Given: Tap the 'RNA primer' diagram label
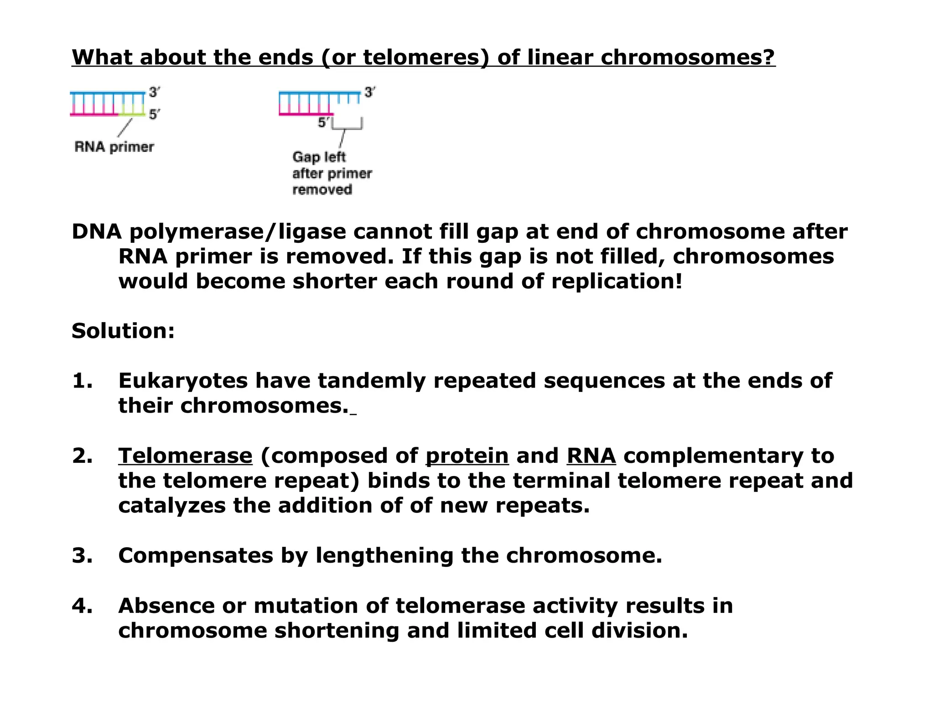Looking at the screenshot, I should (x=114, y=147).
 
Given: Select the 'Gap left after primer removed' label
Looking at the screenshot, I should (x=332, y=173).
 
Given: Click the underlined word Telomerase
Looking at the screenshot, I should (x=185, y=456).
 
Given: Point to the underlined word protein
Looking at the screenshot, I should (x=467, y=456).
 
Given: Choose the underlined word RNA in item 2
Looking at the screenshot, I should (x=591, y=456).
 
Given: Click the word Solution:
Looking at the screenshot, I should (x=123, y=331).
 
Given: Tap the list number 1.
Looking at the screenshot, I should (x=82, y=381).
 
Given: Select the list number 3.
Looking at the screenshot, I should (x=82, y=555).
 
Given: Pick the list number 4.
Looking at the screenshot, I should (x=82, y=606).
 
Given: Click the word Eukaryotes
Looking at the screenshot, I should (x=182, y=381).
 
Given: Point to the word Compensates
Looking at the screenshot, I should (x=195, y=555).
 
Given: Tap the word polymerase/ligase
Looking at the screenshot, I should (x=238, y=232).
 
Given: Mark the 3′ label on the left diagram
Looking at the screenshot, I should (x=154, y=92).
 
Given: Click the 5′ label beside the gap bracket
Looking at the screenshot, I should (x=323, y=122).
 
